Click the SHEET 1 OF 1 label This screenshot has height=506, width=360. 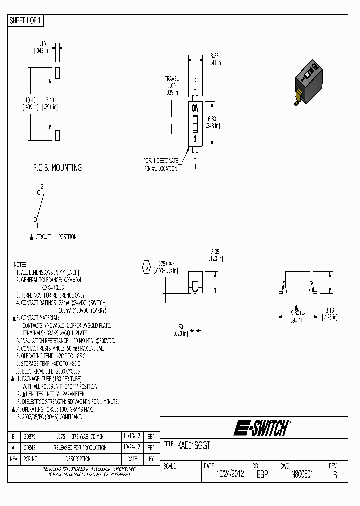tap(26, 21)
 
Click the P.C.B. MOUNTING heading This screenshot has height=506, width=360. tap(57, 168)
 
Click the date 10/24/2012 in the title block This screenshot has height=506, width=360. tap(230, 474)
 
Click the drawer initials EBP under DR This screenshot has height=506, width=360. tap(262, 474)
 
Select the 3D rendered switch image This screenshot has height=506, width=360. tap(308, 83)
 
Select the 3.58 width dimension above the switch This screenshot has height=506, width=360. tap(214, 55)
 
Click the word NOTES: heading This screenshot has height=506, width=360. tap(21, 264)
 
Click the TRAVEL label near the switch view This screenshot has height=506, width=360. tap(171, 79)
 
